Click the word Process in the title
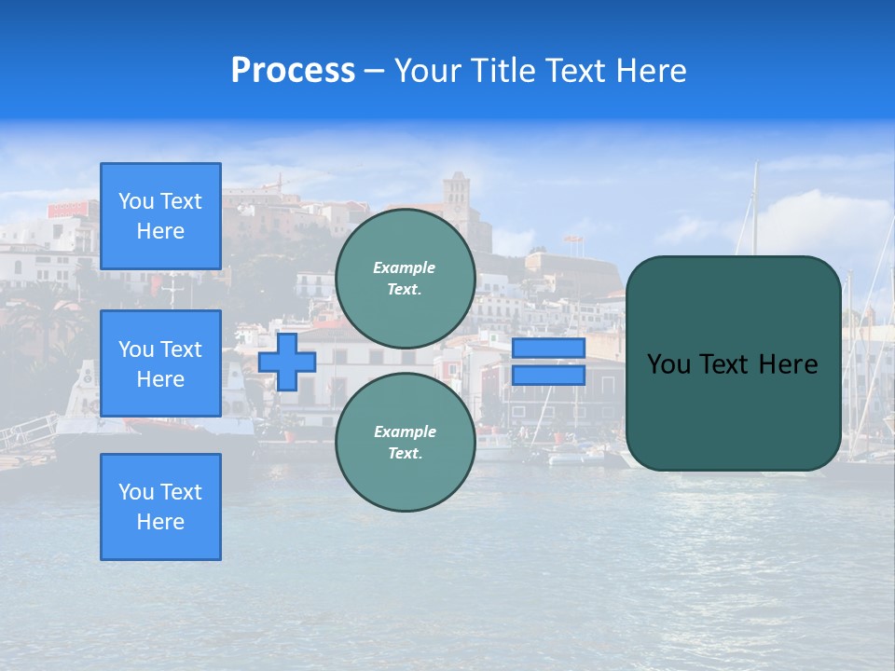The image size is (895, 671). coord(293,71)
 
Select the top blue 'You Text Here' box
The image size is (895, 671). coord(160,216)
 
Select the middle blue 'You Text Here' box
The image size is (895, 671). coord(160,363)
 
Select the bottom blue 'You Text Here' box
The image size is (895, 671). coord(160,506)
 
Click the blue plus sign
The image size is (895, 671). coord(287,363)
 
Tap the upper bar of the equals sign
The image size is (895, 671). coord(548,349)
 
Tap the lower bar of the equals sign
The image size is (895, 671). coord(548,376)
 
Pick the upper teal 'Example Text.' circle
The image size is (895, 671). coord(406,278)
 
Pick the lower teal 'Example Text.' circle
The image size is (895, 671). coord(406,442)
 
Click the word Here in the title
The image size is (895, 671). coord(654,71)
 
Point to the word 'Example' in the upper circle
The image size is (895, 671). coord(404,267)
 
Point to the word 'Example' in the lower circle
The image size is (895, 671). coord(405,431)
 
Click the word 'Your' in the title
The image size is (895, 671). coord(427,71)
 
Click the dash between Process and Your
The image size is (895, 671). coord(374,71)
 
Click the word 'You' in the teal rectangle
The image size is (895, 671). coord(668,364)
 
